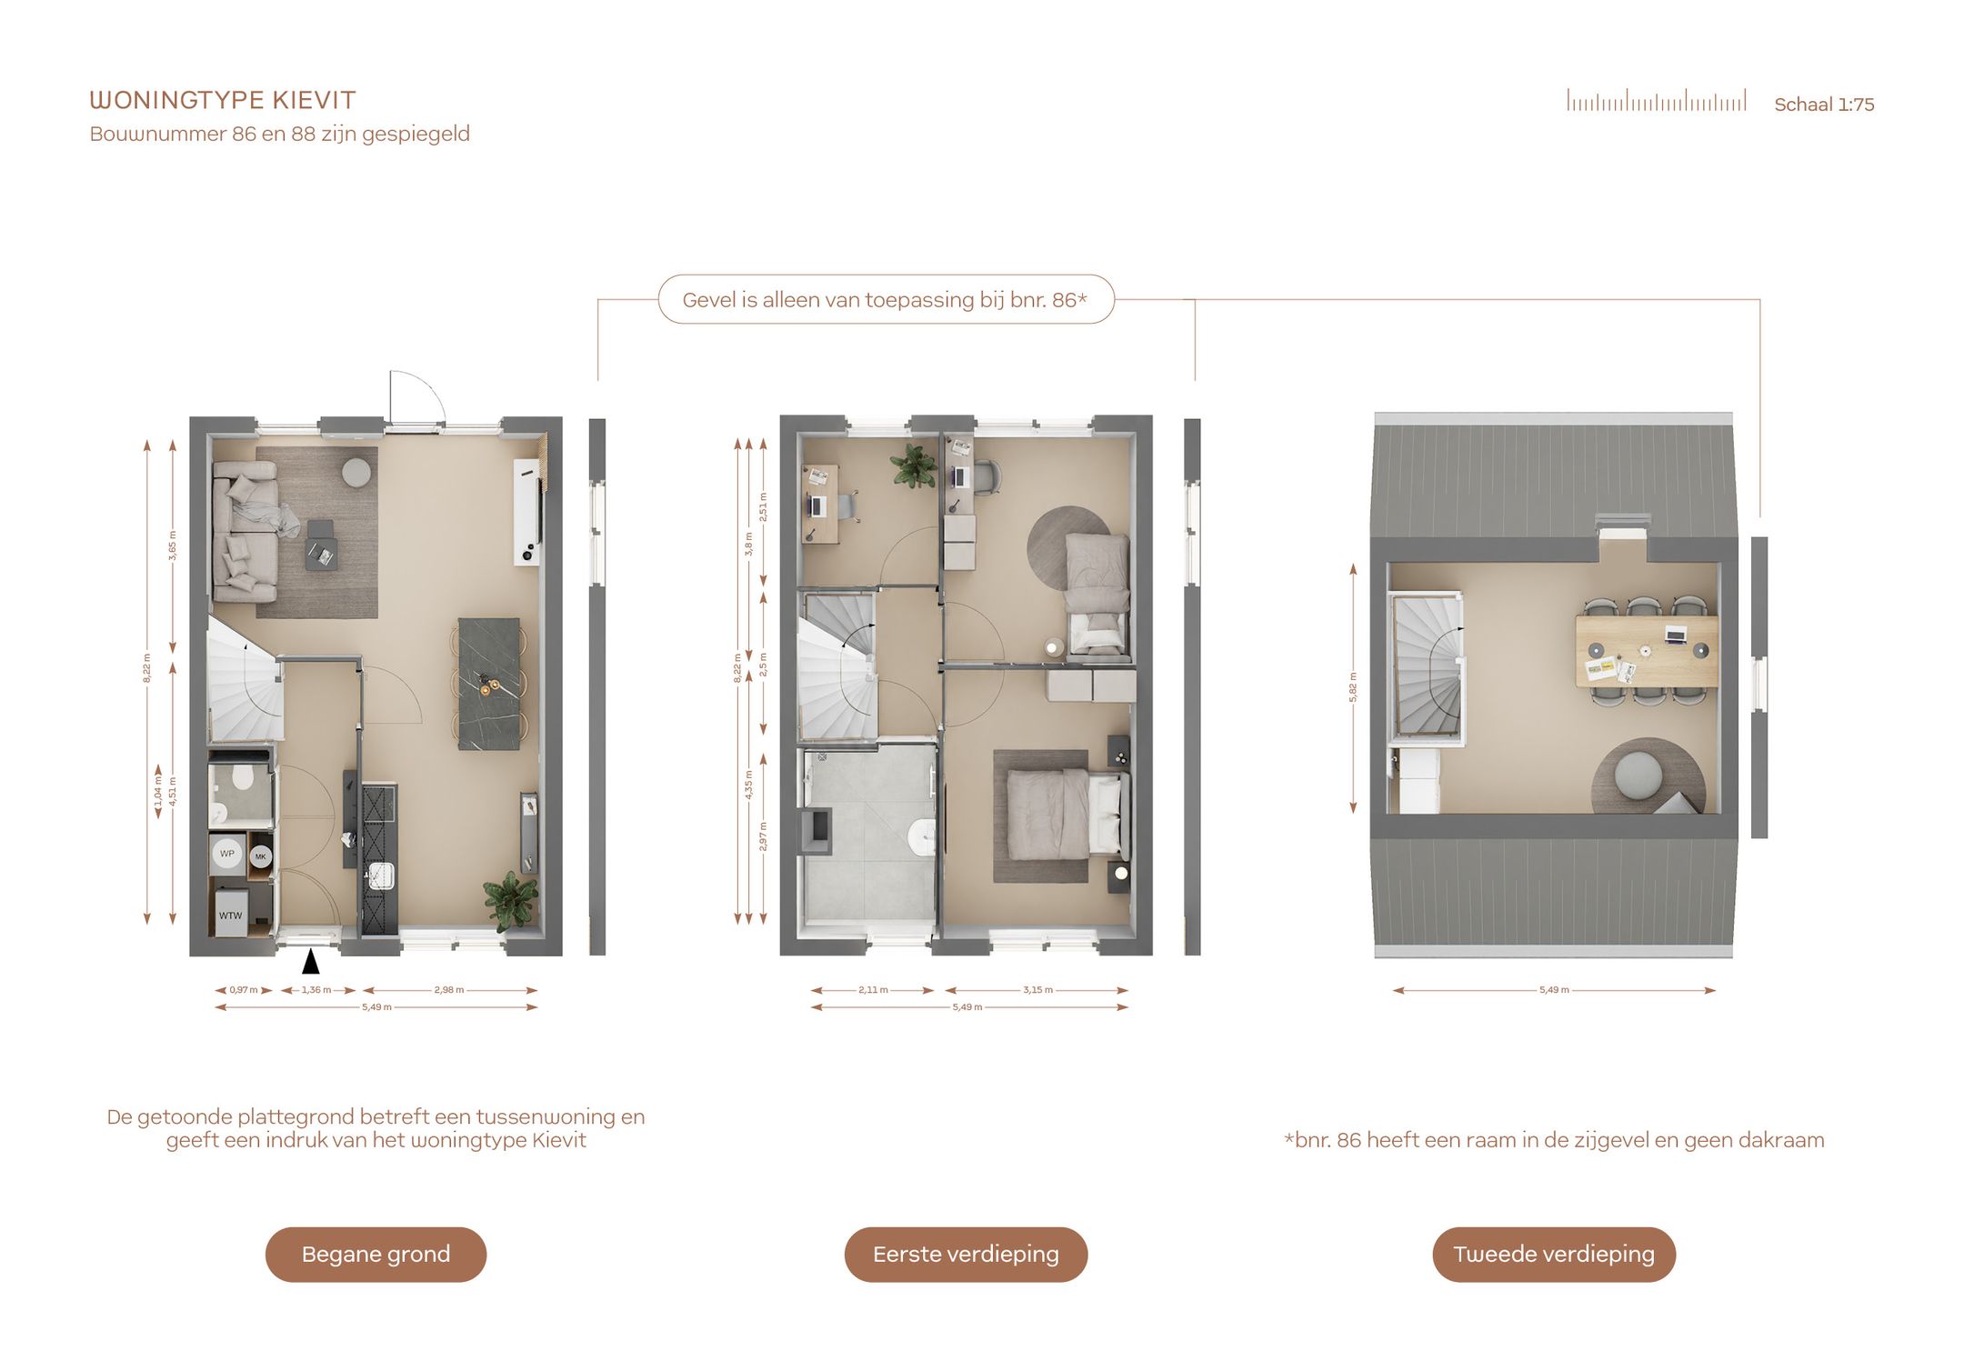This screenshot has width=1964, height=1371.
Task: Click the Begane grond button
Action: [x=376, y=1254]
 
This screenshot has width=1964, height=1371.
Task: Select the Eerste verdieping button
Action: [x=966, y=1254]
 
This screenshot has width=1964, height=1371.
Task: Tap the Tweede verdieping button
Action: [x=1554, y=1254]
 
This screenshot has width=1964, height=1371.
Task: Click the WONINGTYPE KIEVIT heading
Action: [x=223, y=100]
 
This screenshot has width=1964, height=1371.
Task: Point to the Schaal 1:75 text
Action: [x=1824, y=105]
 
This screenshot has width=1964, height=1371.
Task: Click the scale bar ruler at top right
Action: [x=1656, y=100]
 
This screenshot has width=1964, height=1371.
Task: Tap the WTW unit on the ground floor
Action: [x=231, y=915]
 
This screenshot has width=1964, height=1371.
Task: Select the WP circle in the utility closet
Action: [x=226, y=854]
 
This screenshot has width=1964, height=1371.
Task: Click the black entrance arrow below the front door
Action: [x=311, y=961]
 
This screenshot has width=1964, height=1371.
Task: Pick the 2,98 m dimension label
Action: [x=449, y=990]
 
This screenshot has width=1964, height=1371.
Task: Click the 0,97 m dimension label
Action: [x=244, y=990]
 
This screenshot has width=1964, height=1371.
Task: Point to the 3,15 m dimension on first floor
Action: [x=1037, y=990]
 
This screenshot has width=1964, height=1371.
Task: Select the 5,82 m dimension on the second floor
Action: [x=1353, y=687]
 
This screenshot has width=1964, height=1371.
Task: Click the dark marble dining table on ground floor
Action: [x=489, y=684]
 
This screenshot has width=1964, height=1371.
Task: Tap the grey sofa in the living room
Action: [x=244, y=531]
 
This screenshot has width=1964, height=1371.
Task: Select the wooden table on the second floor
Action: [x=1647, y=651]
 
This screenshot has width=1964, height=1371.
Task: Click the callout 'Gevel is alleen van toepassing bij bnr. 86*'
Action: [x=886, y=299]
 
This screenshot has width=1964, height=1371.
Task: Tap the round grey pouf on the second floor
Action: [x=1638, y=776]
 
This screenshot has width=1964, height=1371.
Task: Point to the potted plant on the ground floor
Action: [x=511, y=900]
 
